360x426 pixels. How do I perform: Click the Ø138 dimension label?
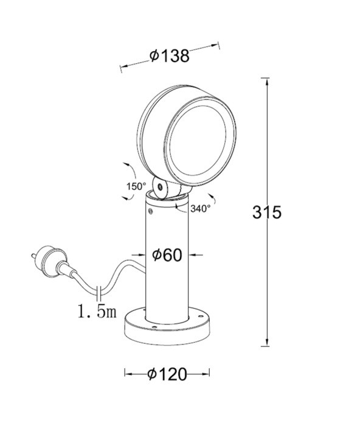170,56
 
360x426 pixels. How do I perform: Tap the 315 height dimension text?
266,212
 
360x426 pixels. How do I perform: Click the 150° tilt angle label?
136,186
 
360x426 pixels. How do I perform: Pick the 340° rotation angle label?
200,208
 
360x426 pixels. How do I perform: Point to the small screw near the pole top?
150,212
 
